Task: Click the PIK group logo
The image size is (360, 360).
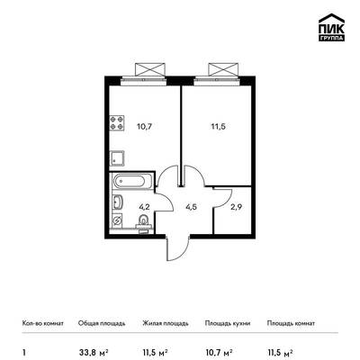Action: (331, 28)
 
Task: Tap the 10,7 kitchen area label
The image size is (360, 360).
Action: (144, 126)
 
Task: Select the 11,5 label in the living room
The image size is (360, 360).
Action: (218, 126)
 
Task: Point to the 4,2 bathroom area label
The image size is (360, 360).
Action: (144, 207)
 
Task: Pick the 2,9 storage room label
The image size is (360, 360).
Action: (236, 207)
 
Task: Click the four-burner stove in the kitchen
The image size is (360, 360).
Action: (117, 123)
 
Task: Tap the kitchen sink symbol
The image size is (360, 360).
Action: (117, 158)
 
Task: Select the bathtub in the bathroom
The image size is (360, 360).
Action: (131, 181)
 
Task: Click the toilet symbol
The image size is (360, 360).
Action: (144, 222)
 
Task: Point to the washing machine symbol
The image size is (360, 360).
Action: (117, 220)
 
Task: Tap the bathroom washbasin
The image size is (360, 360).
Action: (117, 202)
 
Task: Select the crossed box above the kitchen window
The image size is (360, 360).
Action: (150, 69)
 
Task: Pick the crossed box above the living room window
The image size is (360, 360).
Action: (223, 69)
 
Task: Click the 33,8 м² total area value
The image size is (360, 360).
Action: (93, 352)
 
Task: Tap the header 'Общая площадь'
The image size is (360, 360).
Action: (102, 323)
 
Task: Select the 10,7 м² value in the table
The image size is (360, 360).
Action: (219, 352)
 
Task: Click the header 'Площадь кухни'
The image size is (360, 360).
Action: (228, 323)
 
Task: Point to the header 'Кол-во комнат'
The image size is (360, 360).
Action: (43, 323)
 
